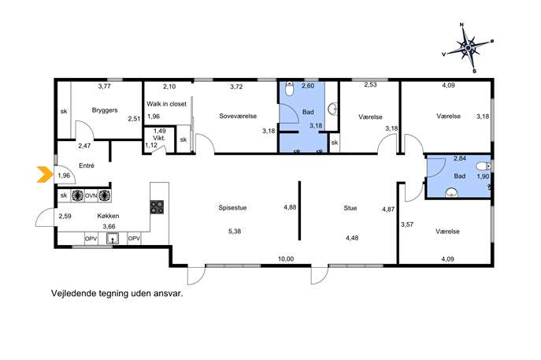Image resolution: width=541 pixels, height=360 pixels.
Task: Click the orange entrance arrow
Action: (44, 174)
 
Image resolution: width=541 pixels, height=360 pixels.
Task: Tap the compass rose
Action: (468, 47)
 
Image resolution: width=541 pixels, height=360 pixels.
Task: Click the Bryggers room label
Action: (105, 110)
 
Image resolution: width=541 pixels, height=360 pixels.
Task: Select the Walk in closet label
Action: (166, 103)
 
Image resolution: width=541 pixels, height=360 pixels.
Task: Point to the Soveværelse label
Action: (238, 116)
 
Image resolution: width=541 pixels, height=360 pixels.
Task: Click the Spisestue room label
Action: (232, 208)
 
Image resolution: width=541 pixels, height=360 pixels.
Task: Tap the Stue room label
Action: (350, 208)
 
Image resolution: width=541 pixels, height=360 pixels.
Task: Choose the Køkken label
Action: (108, 216)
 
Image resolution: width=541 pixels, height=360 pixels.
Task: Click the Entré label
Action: (87, 165)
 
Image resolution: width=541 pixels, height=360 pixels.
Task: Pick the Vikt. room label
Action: (159, 138)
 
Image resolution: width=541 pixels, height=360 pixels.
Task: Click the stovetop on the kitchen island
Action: (157, 207)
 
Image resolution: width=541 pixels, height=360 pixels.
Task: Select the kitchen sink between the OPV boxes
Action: (113, 239)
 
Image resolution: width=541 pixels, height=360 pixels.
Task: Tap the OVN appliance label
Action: (91, 195)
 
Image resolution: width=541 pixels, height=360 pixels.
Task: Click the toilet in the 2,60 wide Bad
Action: (290, 89)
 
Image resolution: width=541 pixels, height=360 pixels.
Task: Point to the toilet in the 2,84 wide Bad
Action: (483, 166)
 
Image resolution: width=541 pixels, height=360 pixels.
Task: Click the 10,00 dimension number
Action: (286, 259)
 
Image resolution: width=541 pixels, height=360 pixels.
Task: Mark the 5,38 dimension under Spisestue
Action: (235, 232)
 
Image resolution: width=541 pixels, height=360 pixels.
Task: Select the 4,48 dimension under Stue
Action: (352, 237)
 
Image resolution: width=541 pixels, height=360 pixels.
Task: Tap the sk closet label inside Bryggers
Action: (64, 112)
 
